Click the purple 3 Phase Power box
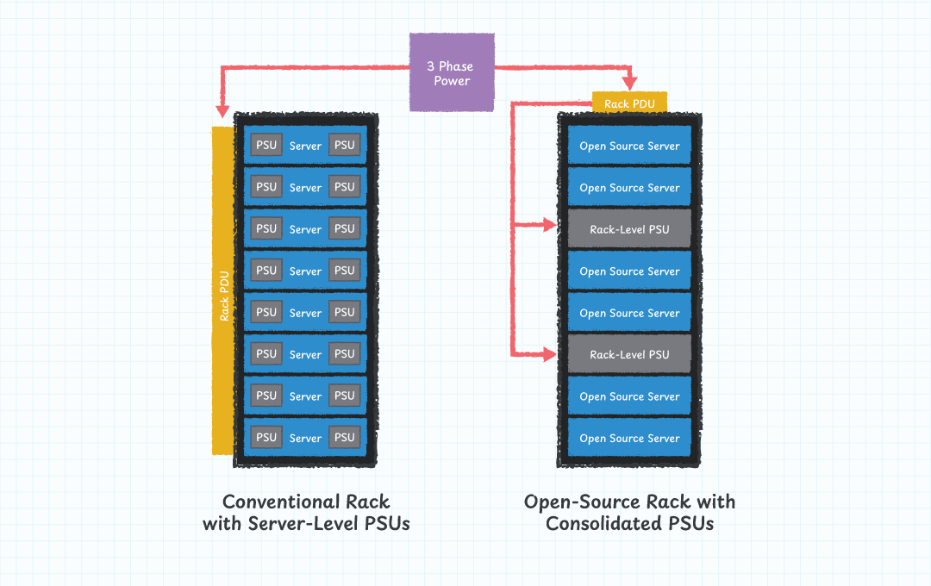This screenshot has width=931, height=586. click(452, 72)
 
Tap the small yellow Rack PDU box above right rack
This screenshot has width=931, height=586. click(629, 103)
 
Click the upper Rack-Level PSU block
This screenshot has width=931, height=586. click(629, 229)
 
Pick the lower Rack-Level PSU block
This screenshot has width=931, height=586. click(629, 354)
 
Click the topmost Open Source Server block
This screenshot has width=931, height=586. click(629, 146)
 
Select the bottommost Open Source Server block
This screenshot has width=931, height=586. click(629, 438)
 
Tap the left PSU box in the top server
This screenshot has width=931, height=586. click(266, 146)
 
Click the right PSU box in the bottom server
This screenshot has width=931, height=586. click(344, 437)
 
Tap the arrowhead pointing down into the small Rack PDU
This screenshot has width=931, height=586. click(629, 84)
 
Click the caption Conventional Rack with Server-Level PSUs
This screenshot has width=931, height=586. click(306, 512)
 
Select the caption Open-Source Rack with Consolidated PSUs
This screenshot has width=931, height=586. click(629, 512)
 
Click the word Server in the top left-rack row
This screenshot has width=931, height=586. click(305, 146)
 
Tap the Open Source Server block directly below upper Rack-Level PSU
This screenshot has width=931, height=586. click(629, 271)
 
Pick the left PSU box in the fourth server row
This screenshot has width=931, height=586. click(266, 271)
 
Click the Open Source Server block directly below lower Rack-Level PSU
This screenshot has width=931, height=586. click(629, 396)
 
